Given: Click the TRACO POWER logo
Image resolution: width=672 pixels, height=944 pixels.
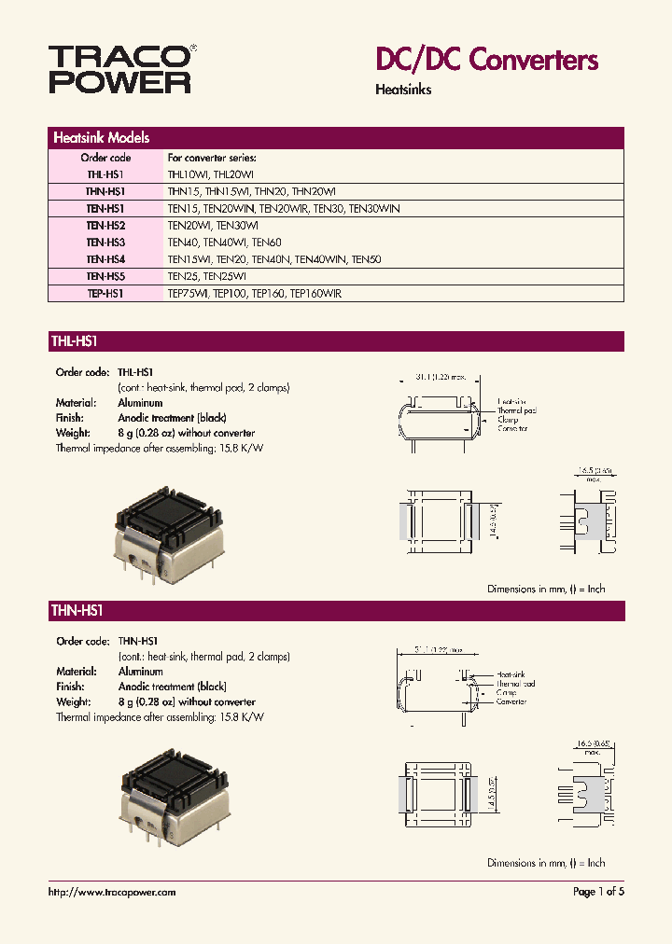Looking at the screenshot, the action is [120, 69].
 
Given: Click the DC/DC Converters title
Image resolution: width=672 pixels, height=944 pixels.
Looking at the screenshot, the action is [486, 61].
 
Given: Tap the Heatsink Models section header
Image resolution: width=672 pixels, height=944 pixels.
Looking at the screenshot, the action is [102, 137].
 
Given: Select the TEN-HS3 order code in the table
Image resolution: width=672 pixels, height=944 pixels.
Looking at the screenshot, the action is [105, 243].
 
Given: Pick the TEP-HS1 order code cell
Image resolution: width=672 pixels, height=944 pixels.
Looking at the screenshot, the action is [105, 293].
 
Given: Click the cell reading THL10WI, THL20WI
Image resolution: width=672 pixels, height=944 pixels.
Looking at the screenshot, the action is [210, 174].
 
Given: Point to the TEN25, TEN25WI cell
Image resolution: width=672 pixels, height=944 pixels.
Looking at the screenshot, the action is [206, 276].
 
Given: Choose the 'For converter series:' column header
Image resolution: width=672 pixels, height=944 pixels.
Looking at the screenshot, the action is [211, 158].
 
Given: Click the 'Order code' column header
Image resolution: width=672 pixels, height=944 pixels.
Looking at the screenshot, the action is [105, 158].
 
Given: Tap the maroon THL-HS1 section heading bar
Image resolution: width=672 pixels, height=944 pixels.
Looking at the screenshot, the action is [336, 341].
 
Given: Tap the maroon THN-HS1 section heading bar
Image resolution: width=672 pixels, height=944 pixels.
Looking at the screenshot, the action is [336, 611].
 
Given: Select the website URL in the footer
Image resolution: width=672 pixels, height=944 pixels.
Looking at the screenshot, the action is [111, 892].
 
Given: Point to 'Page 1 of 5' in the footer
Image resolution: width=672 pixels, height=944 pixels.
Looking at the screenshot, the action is [598, 892].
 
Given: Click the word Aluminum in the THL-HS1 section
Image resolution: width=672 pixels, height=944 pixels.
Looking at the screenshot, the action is [140, 403].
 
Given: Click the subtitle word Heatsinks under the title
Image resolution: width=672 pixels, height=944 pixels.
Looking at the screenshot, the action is [403, 90].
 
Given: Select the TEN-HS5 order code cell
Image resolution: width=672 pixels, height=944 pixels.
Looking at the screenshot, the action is [105, 276].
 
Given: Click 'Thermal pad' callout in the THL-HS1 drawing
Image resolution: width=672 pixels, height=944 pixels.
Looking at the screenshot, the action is [516, 410].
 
